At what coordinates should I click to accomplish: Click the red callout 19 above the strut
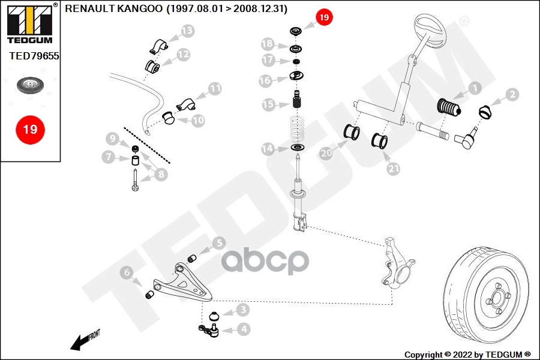click(x=323, y=18)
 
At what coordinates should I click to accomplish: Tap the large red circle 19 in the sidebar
click(x=30, y=129)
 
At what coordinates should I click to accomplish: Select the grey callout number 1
click(x=474, y=89)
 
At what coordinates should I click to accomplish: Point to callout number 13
click(x=187, y=31)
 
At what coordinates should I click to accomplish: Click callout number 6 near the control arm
click(x=127, y=273)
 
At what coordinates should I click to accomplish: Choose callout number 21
click(x=393, y=169)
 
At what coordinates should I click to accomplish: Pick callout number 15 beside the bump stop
click(x=268, y=104)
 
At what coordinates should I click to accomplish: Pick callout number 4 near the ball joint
click(x=242, y=329)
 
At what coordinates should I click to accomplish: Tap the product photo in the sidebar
click(x=29, y=85)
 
